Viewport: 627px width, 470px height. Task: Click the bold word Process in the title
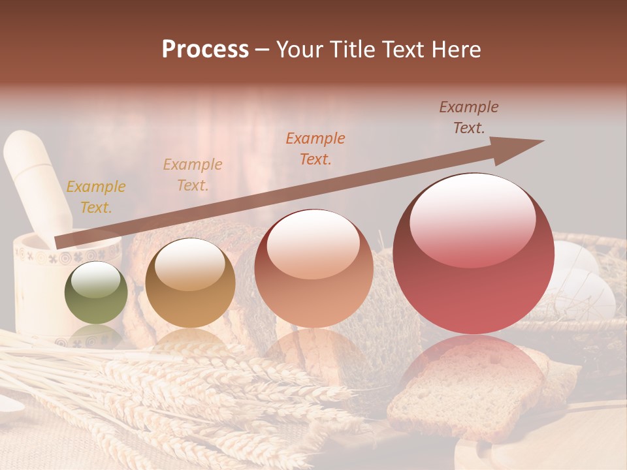pyautogui.click(x=205, y=50)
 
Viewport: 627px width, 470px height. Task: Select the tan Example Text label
pyautogui.click(x=193, y=175)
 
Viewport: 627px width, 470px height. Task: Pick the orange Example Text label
pyautogui.click(x=315, y=148)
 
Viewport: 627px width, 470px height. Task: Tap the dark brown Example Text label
pyautogui.click(x=469, y=117)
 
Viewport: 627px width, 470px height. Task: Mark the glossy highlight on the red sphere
pyautogui.click(x=472, y=219)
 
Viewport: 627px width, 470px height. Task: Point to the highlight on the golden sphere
pyautogui.click(x=190, y=264)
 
